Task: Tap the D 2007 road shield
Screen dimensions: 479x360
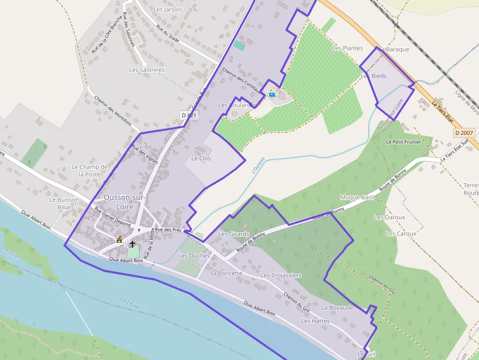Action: (x=463, y=132)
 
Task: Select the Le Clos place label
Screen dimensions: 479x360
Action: (x=200, y=158)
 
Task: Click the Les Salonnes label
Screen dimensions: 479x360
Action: (x=147, y=70)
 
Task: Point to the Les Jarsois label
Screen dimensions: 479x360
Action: (x=168, y=9)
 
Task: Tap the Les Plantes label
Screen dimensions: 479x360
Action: (x=347, y=48)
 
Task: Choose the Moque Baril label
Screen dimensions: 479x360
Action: (x=357, y=197)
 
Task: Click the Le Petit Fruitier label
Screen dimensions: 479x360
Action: (x=403, y=142)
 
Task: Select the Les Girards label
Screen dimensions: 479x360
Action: (x=233, y=234)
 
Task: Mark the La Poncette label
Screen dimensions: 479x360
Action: (x=226, y=273)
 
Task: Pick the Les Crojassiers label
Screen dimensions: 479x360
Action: (x=281, y=275)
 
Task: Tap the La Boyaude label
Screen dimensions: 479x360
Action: (x=337, y=308)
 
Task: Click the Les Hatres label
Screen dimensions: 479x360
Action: (x=315, y=321)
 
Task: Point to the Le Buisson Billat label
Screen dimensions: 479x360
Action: (x=64, y=203)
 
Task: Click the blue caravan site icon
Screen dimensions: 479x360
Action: (x=272, y=95)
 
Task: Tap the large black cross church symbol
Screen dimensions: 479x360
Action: (x=132, y=243)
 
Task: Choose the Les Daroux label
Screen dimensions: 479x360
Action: (x=389, y=217)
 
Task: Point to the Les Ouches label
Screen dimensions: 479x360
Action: (x=194, y=255)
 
